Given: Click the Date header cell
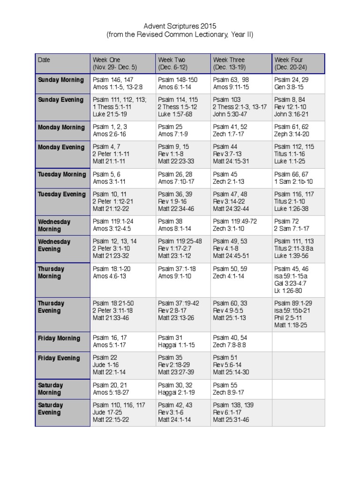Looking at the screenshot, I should tap(44, 60).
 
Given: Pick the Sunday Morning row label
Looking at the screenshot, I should tap(61, 80).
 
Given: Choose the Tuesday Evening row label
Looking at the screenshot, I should tap(61, 194).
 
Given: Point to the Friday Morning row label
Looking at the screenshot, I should tap(59, 338).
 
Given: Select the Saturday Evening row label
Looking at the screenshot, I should tap(50, 409).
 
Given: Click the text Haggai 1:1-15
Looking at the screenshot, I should tap(176, 345).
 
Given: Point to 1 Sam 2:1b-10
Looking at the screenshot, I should tap(293, 181).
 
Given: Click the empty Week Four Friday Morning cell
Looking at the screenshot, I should tap(298, 342).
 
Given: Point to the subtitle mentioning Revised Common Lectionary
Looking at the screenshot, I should tap(180, 35).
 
